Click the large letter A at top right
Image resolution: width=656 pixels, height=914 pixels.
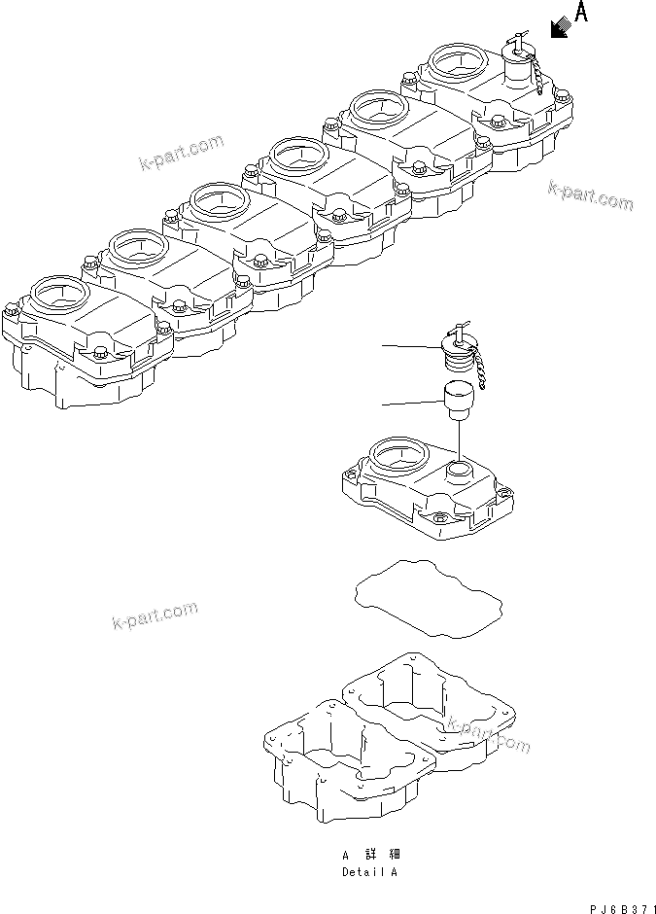[x=581, y=13]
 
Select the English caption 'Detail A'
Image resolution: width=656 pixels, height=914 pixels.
[x=368, y=871]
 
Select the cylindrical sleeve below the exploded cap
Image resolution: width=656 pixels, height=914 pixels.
[x=457, y=398]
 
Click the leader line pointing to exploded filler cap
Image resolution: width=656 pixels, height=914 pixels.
[x=408, y=345]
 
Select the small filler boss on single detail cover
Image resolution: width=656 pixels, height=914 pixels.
[x=459, y=473]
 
